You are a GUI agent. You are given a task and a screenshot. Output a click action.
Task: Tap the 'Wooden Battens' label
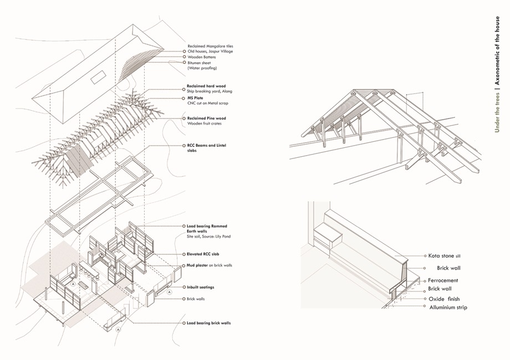coord(201,57)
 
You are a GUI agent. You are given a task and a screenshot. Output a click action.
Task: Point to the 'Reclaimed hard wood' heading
coord(206,87)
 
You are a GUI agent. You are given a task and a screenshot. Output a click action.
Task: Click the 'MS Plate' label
coord(195,98)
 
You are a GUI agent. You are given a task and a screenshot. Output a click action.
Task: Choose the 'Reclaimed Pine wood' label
coord(207,118)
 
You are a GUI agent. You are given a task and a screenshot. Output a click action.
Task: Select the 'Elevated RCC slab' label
coord(203,254)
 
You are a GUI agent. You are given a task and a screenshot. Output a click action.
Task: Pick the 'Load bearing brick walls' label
coord(208,322)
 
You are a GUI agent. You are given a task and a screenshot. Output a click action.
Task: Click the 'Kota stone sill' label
coord(444,256)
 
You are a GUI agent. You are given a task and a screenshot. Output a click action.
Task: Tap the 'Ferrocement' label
coord(443,280)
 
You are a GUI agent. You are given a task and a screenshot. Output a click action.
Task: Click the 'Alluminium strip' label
coord(448,307)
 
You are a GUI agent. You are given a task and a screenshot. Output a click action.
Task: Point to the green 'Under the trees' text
coord(498,114)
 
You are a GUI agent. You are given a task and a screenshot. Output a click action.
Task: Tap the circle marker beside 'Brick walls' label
coord(183,299)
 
